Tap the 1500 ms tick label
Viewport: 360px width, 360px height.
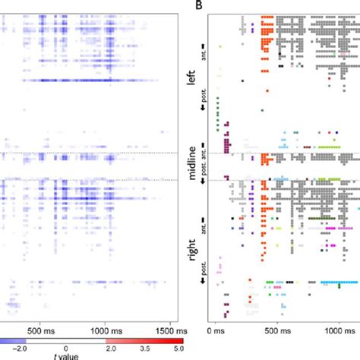[160, 331]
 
